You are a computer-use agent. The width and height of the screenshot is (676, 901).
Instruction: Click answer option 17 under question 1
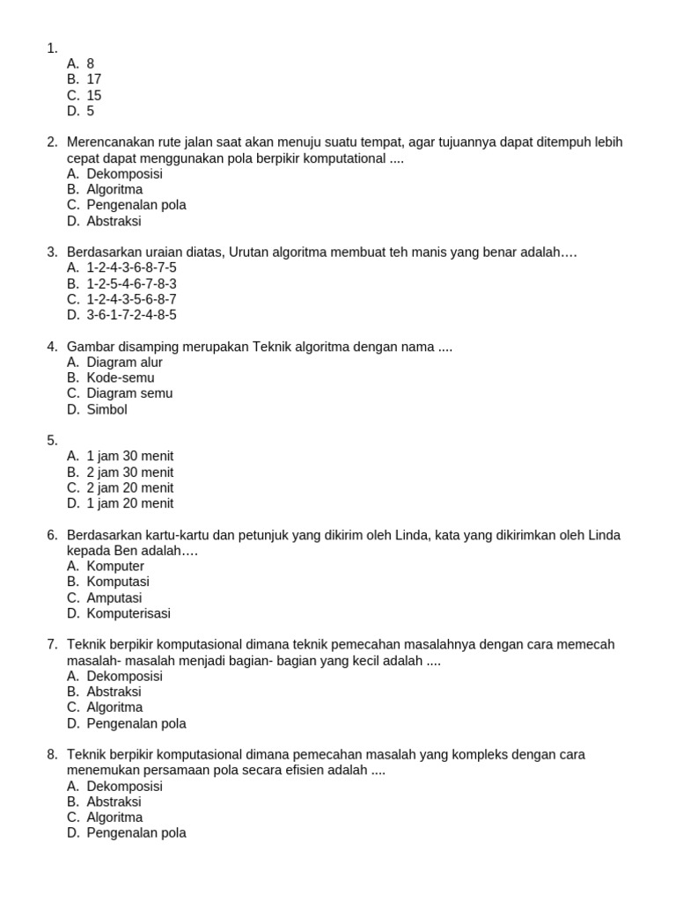click(x=94, y=79)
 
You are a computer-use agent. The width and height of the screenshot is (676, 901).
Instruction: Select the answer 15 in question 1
click(x=94, y=95)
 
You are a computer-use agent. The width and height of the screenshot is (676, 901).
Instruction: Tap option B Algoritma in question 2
click(x=114, y=189)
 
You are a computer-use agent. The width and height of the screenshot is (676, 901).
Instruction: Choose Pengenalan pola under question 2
click(x=136, y=205)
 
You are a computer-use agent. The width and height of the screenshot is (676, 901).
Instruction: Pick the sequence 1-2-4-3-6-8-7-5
click(x=131, y=267)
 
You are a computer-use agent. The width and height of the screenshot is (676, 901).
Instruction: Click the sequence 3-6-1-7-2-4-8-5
click(x=131, y=315)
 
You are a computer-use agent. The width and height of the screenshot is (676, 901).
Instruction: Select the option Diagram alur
click(x=124, y=362)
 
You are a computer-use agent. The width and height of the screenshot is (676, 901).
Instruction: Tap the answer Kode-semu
click(x=121, y=377)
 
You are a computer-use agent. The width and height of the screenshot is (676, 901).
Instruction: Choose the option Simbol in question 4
click(x=107, y=409)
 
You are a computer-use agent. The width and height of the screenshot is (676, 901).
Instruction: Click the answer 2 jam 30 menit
click(x=130, y=472)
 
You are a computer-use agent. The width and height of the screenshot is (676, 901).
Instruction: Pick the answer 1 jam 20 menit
click(x=130, y=503)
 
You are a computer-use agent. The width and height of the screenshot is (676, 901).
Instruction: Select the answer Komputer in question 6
click(x=115, y=566)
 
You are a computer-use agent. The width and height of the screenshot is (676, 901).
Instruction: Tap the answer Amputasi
click(x=114, y=597)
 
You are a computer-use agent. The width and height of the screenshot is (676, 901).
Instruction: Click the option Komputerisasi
click(x=129, y=613)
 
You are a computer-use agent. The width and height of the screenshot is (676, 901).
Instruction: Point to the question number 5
click(x=52, y=440)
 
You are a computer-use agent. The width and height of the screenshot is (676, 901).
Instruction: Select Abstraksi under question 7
click(x=114, y=692)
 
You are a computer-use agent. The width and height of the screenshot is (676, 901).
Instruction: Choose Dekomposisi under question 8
click(x=124, y=786)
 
